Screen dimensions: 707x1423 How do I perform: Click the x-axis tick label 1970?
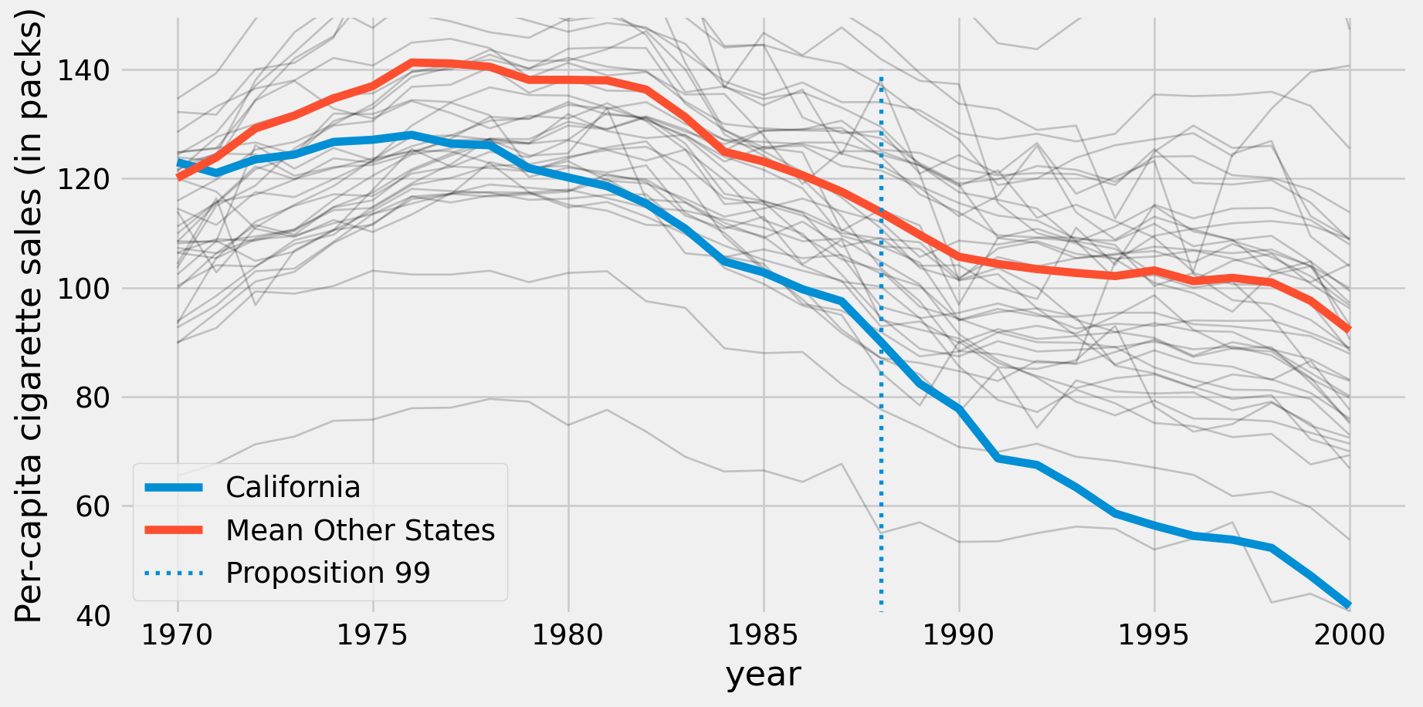point(178,635)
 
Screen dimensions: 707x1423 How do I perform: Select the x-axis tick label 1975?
point(373,635)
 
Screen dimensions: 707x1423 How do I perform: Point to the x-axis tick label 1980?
point(568,635)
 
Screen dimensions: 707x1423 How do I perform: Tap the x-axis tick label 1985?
point(764,635)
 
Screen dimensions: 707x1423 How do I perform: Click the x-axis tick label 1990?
point(959,635)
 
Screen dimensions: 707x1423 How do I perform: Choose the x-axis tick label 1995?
point(1154,635)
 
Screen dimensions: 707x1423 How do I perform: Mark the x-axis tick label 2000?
point(1349,635)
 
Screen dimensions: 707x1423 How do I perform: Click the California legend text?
point(293,488)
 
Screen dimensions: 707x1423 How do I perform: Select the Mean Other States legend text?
point(360,531)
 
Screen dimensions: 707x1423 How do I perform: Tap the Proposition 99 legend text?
point(327,573)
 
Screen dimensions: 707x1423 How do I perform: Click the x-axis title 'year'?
point(763,675)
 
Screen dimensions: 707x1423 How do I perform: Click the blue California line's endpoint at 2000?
point(1349,605)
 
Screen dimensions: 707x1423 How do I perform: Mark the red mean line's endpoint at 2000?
point(1349,330)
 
